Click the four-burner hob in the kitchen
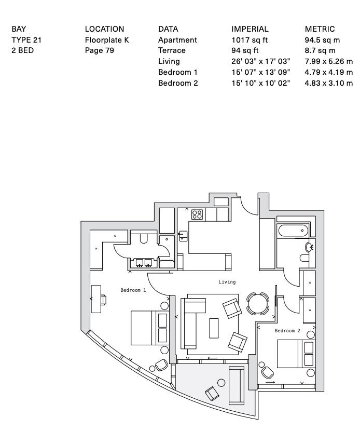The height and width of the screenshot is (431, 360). (197, 214)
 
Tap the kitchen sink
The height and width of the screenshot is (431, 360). (183, 235)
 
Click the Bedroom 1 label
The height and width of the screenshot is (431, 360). (133, 290)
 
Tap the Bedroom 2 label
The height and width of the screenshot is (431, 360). (287, 331)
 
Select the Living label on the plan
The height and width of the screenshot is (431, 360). (227, 282)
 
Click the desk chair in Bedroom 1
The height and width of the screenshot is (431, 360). (104, 300)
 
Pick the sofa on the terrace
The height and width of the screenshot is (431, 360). (237, 385)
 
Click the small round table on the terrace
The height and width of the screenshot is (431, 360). (221, 383)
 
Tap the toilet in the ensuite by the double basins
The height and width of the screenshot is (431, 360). (144, 238)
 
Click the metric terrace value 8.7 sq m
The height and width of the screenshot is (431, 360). (320, 51)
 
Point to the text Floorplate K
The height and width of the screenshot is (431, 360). (106, 40)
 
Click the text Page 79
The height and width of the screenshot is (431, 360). (100, 51)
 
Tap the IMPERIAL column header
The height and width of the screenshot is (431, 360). (250, 29)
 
